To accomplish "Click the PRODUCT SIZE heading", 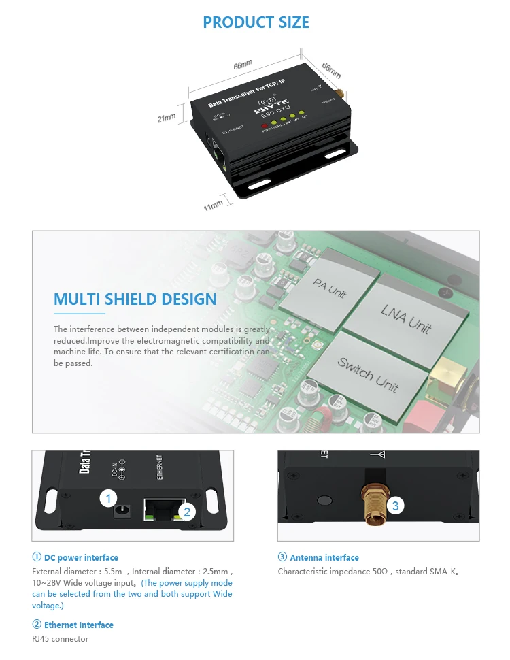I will pos(256,22).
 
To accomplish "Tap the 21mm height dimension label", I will pos(167,118).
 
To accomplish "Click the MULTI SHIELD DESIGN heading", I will pos(135,299).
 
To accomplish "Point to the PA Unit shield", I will pos(330,288).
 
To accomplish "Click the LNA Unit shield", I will pos(406,319).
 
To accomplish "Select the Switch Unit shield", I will pos(367,374).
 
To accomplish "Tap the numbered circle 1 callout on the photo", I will pos(108,499).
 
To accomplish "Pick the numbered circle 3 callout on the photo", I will pos(396,506).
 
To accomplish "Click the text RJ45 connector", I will pos(60,638).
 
